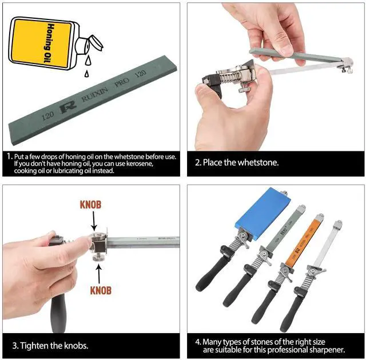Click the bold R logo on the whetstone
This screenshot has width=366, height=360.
(x=68, y=107)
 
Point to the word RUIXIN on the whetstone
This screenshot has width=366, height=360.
(x=95, y=94)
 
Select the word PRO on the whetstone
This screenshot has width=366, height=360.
(x=122, y=82)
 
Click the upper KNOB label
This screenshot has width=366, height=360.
(x=90, y=205)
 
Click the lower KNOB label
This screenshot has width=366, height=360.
(x=101, y=290)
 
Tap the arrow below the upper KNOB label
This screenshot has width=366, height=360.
(x=94, y=221)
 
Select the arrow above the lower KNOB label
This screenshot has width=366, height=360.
(x=99, y=273)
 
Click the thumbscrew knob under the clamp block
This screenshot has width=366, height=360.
(x=99, y=257)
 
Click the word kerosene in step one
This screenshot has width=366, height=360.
(x=140, y=163)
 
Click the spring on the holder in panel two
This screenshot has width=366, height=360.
(x=229, y=77)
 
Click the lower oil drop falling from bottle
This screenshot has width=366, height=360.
(x=86, y=74)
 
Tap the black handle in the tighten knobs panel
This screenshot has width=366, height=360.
(x=58, y=313)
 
